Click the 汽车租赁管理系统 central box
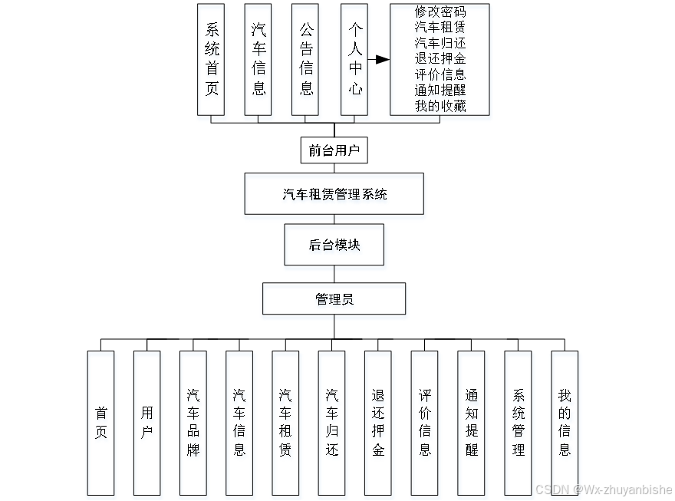pyautogui.click(x=334, y=194)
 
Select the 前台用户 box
pyautogui.click(x=334, y=150)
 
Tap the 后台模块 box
pyautogui.click(x=334, y=245)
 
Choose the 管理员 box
pyautogui.click(x=334, y=299)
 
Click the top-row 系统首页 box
pyautogui.click(x=211, y=59)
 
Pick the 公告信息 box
pyautogui.click(x=305, y=59)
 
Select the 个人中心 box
pyautogui.click(x=354, y=59)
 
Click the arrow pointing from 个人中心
pyautogui.click(x=379, y=59)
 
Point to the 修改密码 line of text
pyautogui.click(x=440, y=12)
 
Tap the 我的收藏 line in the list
pyautogui.click(x=440, y=106)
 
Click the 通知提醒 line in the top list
pyautogui.click(x=440, y=90)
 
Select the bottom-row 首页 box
pyautogui.click(x=100, y=423)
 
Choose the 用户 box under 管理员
pyautogui.click(x=147, y=423)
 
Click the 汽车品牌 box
pyautogui.click(x=193, y=423)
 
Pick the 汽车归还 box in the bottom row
pyautogui.click(x=331, y=423)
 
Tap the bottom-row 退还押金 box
pyautogui.click(x=378, y=423)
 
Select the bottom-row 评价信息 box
pyautogui.click(x=424, y=423)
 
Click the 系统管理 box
pyautogui.click(x=518, y=423)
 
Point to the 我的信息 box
pyautogui.click(x=565, y=423)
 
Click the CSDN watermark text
pyautogui.click(x=603, y=489)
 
